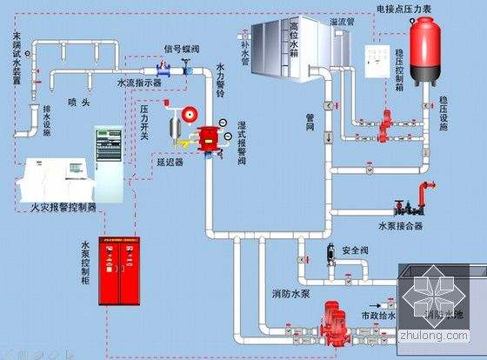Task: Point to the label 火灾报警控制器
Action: (x=63, y=207)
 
